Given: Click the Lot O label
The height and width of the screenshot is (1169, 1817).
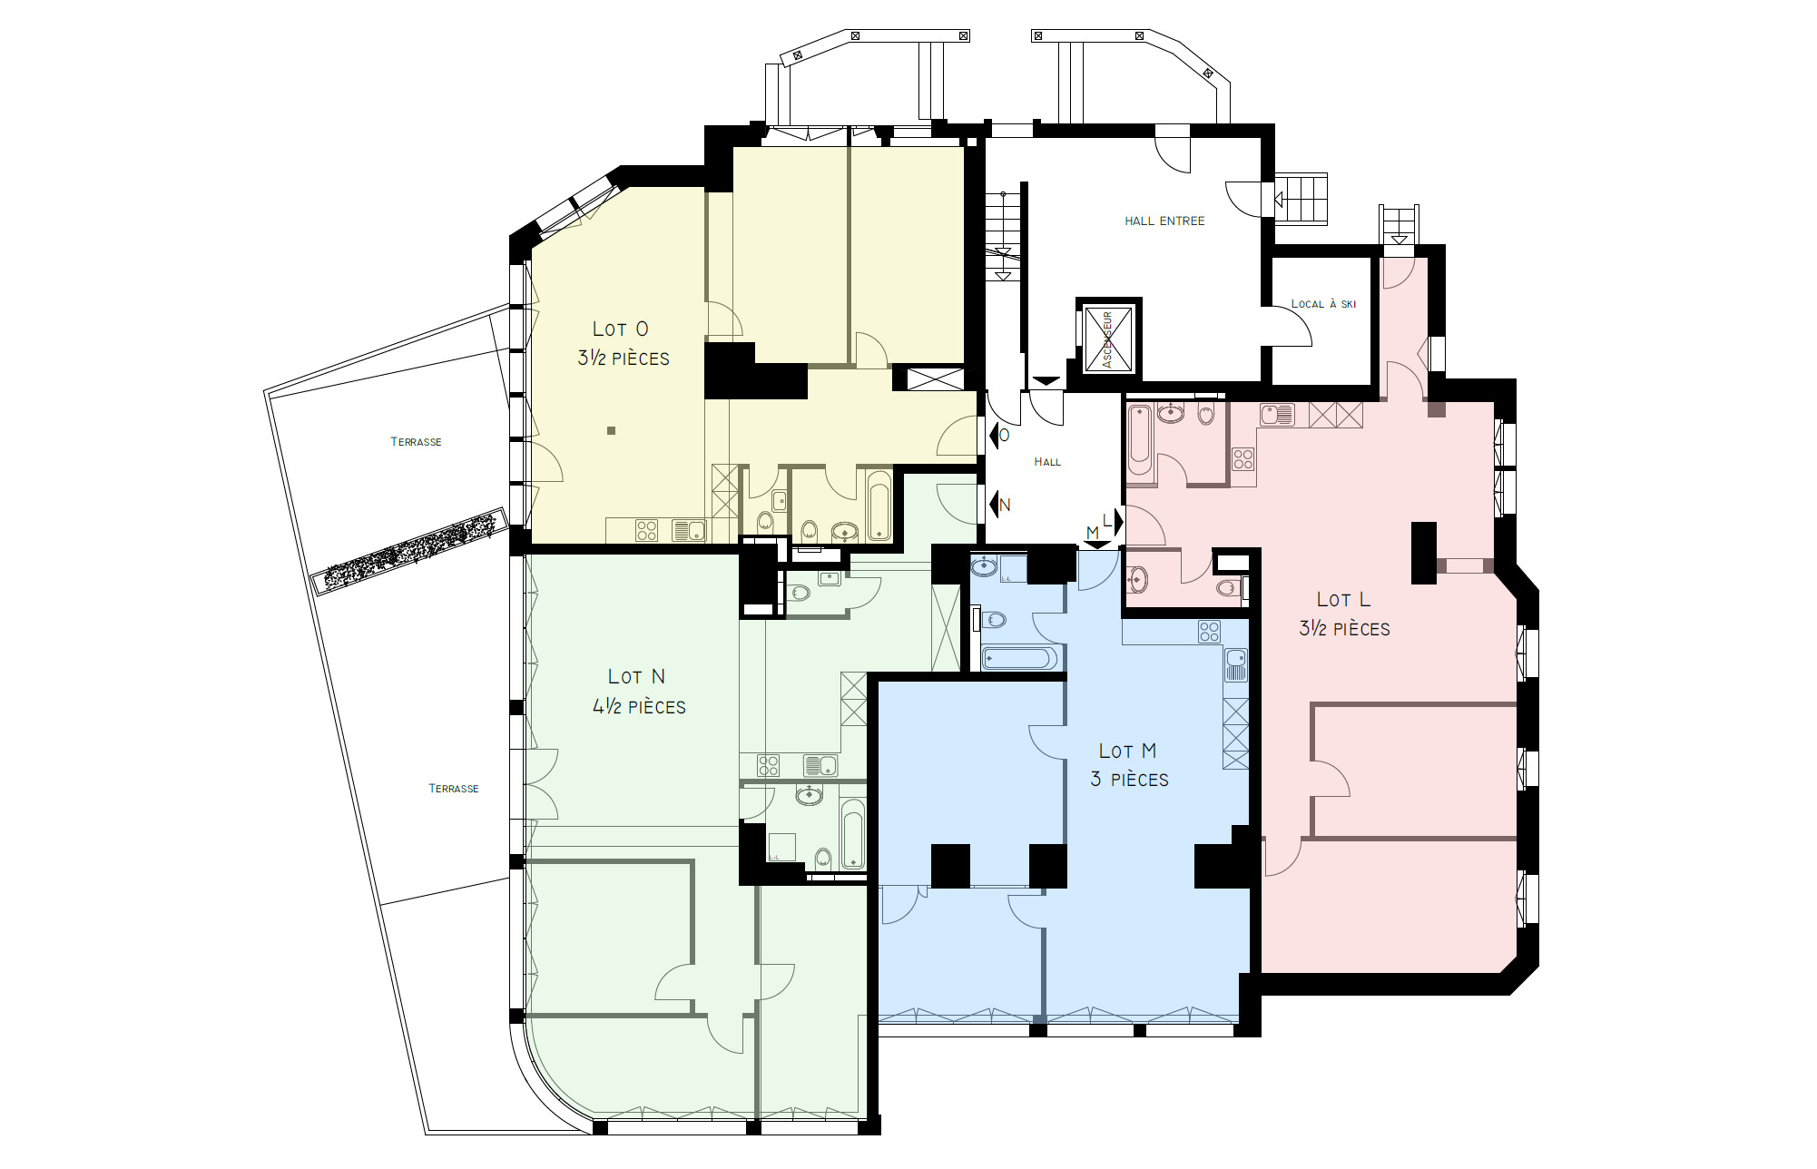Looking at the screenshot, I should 621,329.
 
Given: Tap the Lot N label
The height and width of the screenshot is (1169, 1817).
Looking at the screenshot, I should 636,677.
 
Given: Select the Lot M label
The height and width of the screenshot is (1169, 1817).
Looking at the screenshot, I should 1127,751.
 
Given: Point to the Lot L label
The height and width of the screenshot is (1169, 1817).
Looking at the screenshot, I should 1343,600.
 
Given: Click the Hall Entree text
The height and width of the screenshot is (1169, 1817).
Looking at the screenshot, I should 1164,221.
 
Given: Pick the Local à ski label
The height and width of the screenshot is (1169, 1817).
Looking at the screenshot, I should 1323,304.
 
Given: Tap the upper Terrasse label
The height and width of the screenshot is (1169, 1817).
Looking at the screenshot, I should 416,442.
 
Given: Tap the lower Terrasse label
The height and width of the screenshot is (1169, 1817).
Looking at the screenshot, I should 453,789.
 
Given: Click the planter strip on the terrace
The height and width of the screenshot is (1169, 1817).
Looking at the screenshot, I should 409,551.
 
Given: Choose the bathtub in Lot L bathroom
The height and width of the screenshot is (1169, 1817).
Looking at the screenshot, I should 1139,441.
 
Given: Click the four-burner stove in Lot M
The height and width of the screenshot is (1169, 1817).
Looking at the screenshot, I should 1209,632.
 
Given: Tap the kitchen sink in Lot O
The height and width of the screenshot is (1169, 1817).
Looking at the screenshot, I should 689,530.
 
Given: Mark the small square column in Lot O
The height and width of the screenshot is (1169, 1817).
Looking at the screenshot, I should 612,431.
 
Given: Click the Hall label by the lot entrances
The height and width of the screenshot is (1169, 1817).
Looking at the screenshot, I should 1047,462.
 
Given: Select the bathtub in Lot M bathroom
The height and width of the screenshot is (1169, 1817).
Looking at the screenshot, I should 1018,658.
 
